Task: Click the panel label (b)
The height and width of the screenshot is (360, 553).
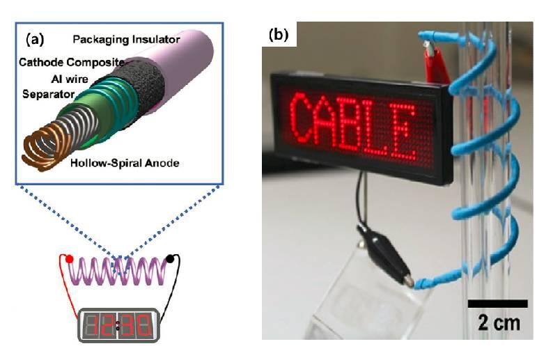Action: point(279,34)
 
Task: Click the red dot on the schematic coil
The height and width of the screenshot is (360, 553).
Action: point(69,259)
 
